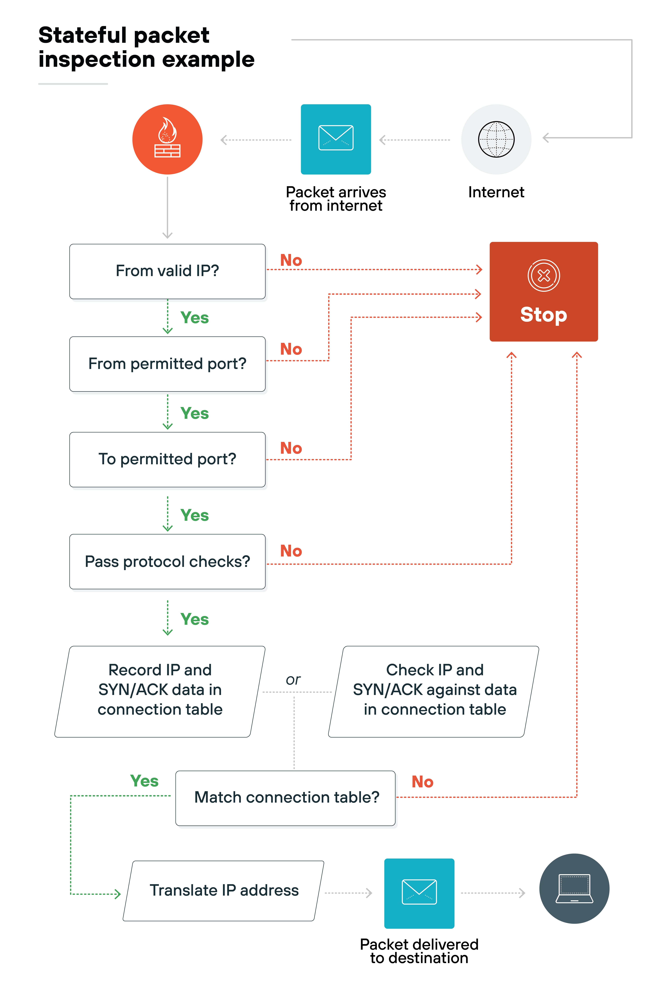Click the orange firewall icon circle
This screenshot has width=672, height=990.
(167, 139)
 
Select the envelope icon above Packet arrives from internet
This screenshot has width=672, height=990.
(336, 139)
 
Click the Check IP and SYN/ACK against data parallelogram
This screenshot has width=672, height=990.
(434, 690)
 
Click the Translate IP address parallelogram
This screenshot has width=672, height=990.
(224, 890)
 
